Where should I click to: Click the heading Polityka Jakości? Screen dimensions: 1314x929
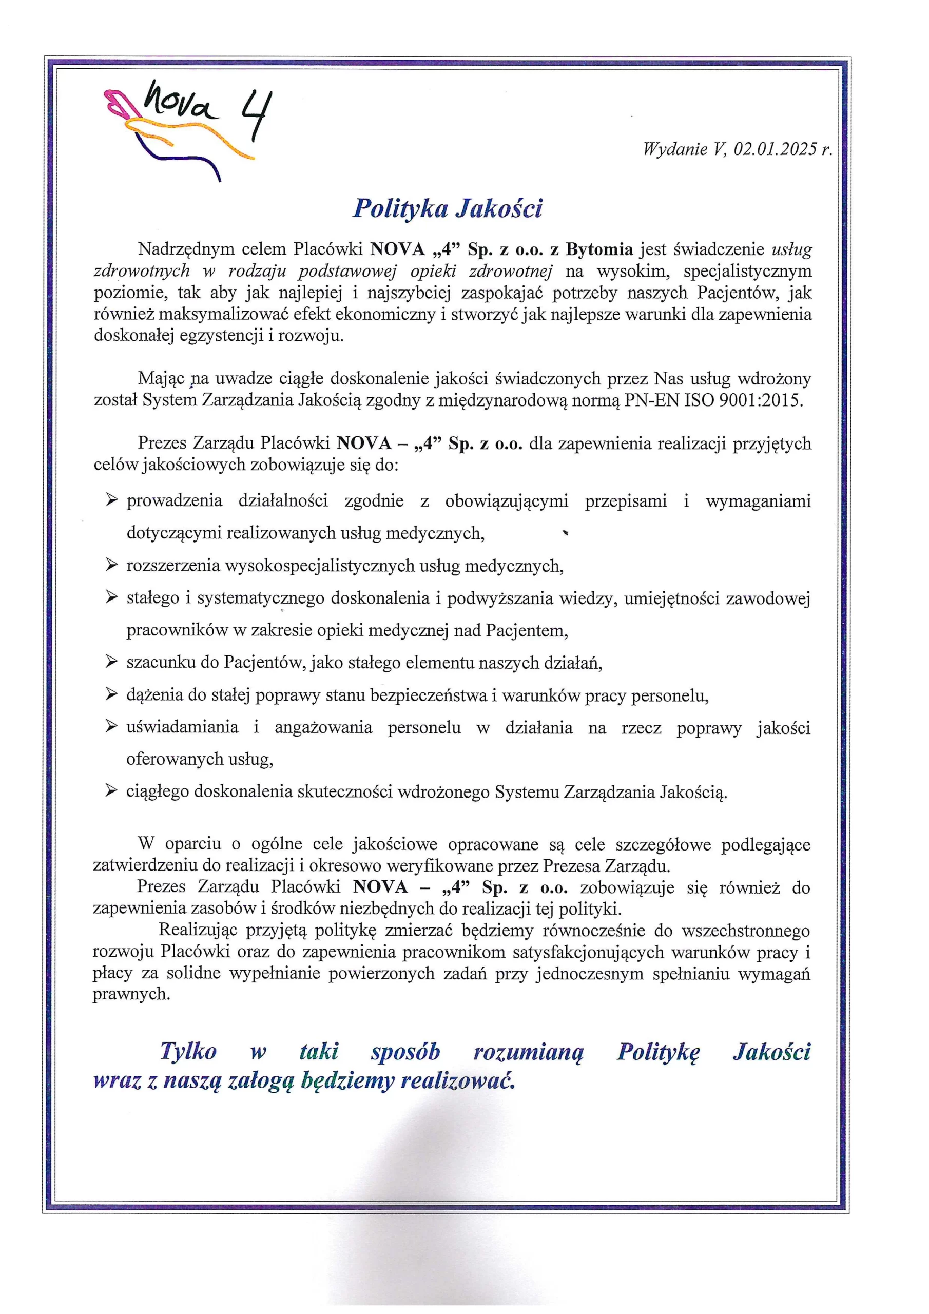click(447, 208)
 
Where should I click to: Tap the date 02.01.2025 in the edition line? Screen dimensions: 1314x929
click(775, 149)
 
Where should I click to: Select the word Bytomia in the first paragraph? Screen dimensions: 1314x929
click(599, 249)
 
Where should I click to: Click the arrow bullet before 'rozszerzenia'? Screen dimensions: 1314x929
click(111, 566)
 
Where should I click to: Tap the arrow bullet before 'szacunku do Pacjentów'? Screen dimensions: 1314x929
click(111, 663)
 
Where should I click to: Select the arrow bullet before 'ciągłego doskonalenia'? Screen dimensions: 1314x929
click(111, 791)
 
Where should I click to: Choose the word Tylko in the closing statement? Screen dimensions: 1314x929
click(188, 1051)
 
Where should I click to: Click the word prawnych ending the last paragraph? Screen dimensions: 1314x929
click(131, 994)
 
